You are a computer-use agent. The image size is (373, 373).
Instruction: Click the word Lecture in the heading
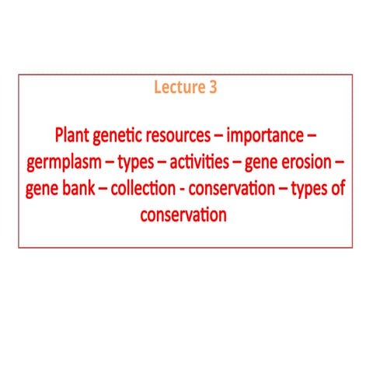point(176,88)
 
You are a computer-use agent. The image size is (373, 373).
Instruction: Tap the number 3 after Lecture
point(213,88)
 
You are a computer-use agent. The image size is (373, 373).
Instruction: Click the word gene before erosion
point(267,163)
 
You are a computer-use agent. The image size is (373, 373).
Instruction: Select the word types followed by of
point(310,189)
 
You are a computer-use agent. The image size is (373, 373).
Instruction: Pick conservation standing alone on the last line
point(183,214)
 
